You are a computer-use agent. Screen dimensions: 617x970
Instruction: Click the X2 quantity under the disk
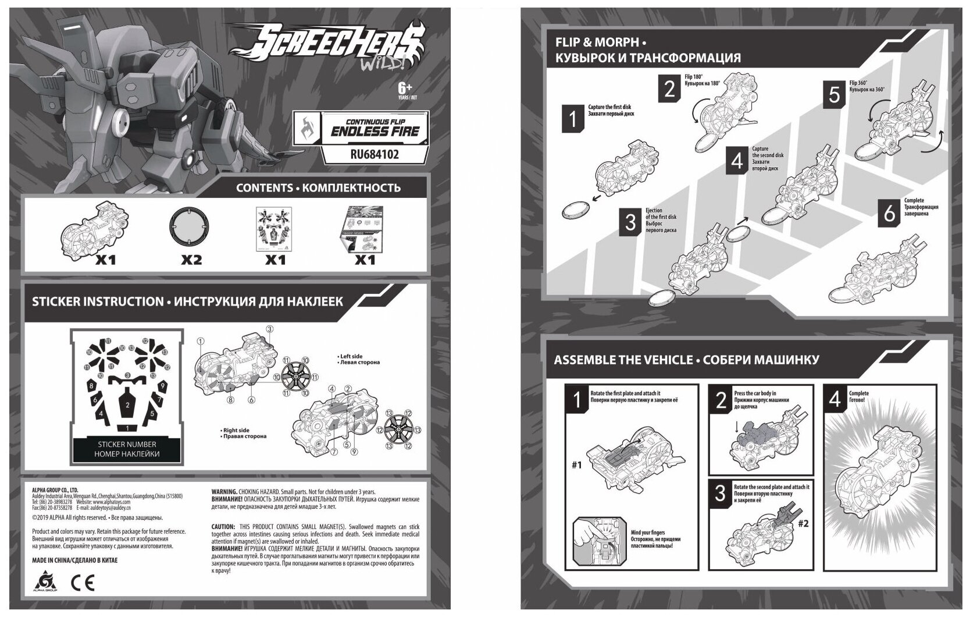[191, 260]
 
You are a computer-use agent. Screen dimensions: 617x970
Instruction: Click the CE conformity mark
[83, 582]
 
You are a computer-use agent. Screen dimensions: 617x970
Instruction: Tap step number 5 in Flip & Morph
[835, 94]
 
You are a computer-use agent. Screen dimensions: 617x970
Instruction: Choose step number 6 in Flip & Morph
[890, 213]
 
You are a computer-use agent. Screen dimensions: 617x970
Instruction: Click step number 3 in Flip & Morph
[630, 221]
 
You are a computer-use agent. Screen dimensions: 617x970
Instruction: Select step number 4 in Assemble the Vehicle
[835, 399]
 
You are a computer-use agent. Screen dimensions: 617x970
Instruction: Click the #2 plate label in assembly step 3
[803, 523]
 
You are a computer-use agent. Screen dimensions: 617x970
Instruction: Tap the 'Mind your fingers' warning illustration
[598, 542]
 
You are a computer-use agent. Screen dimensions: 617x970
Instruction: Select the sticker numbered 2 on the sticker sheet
[127, 406]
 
